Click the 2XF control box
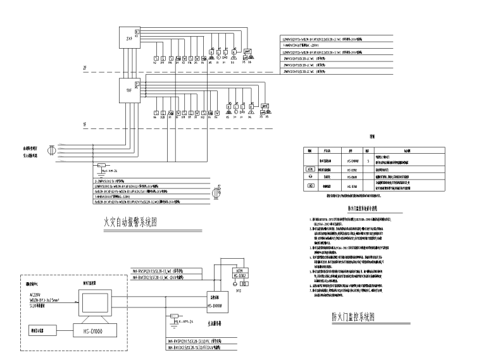(129, 37)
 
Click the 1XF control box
(129, 91)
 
